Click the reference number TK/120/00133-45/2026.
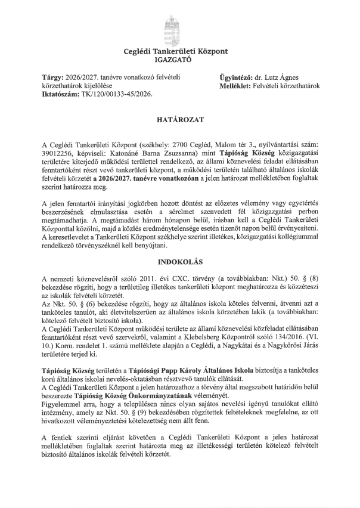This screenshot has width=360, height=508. (119, 94)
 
